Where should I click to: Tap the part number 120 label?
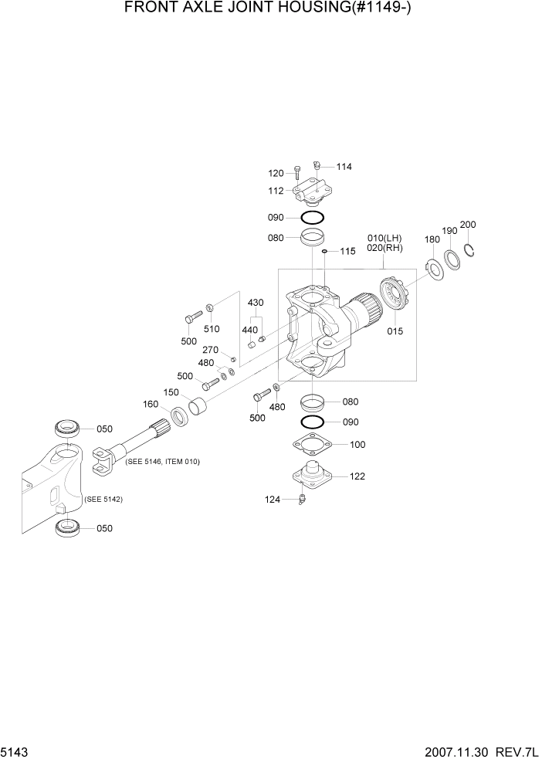click(276, 173)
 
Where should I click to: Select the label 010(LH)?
click(384, 237)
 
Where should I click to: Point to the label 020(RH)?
click(384, 248)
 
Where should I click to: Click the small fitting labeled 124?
click(303, 500)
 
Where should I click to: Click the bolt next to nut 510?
click(192, 316)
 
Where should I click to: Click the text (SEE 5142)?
click(103, 500)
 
